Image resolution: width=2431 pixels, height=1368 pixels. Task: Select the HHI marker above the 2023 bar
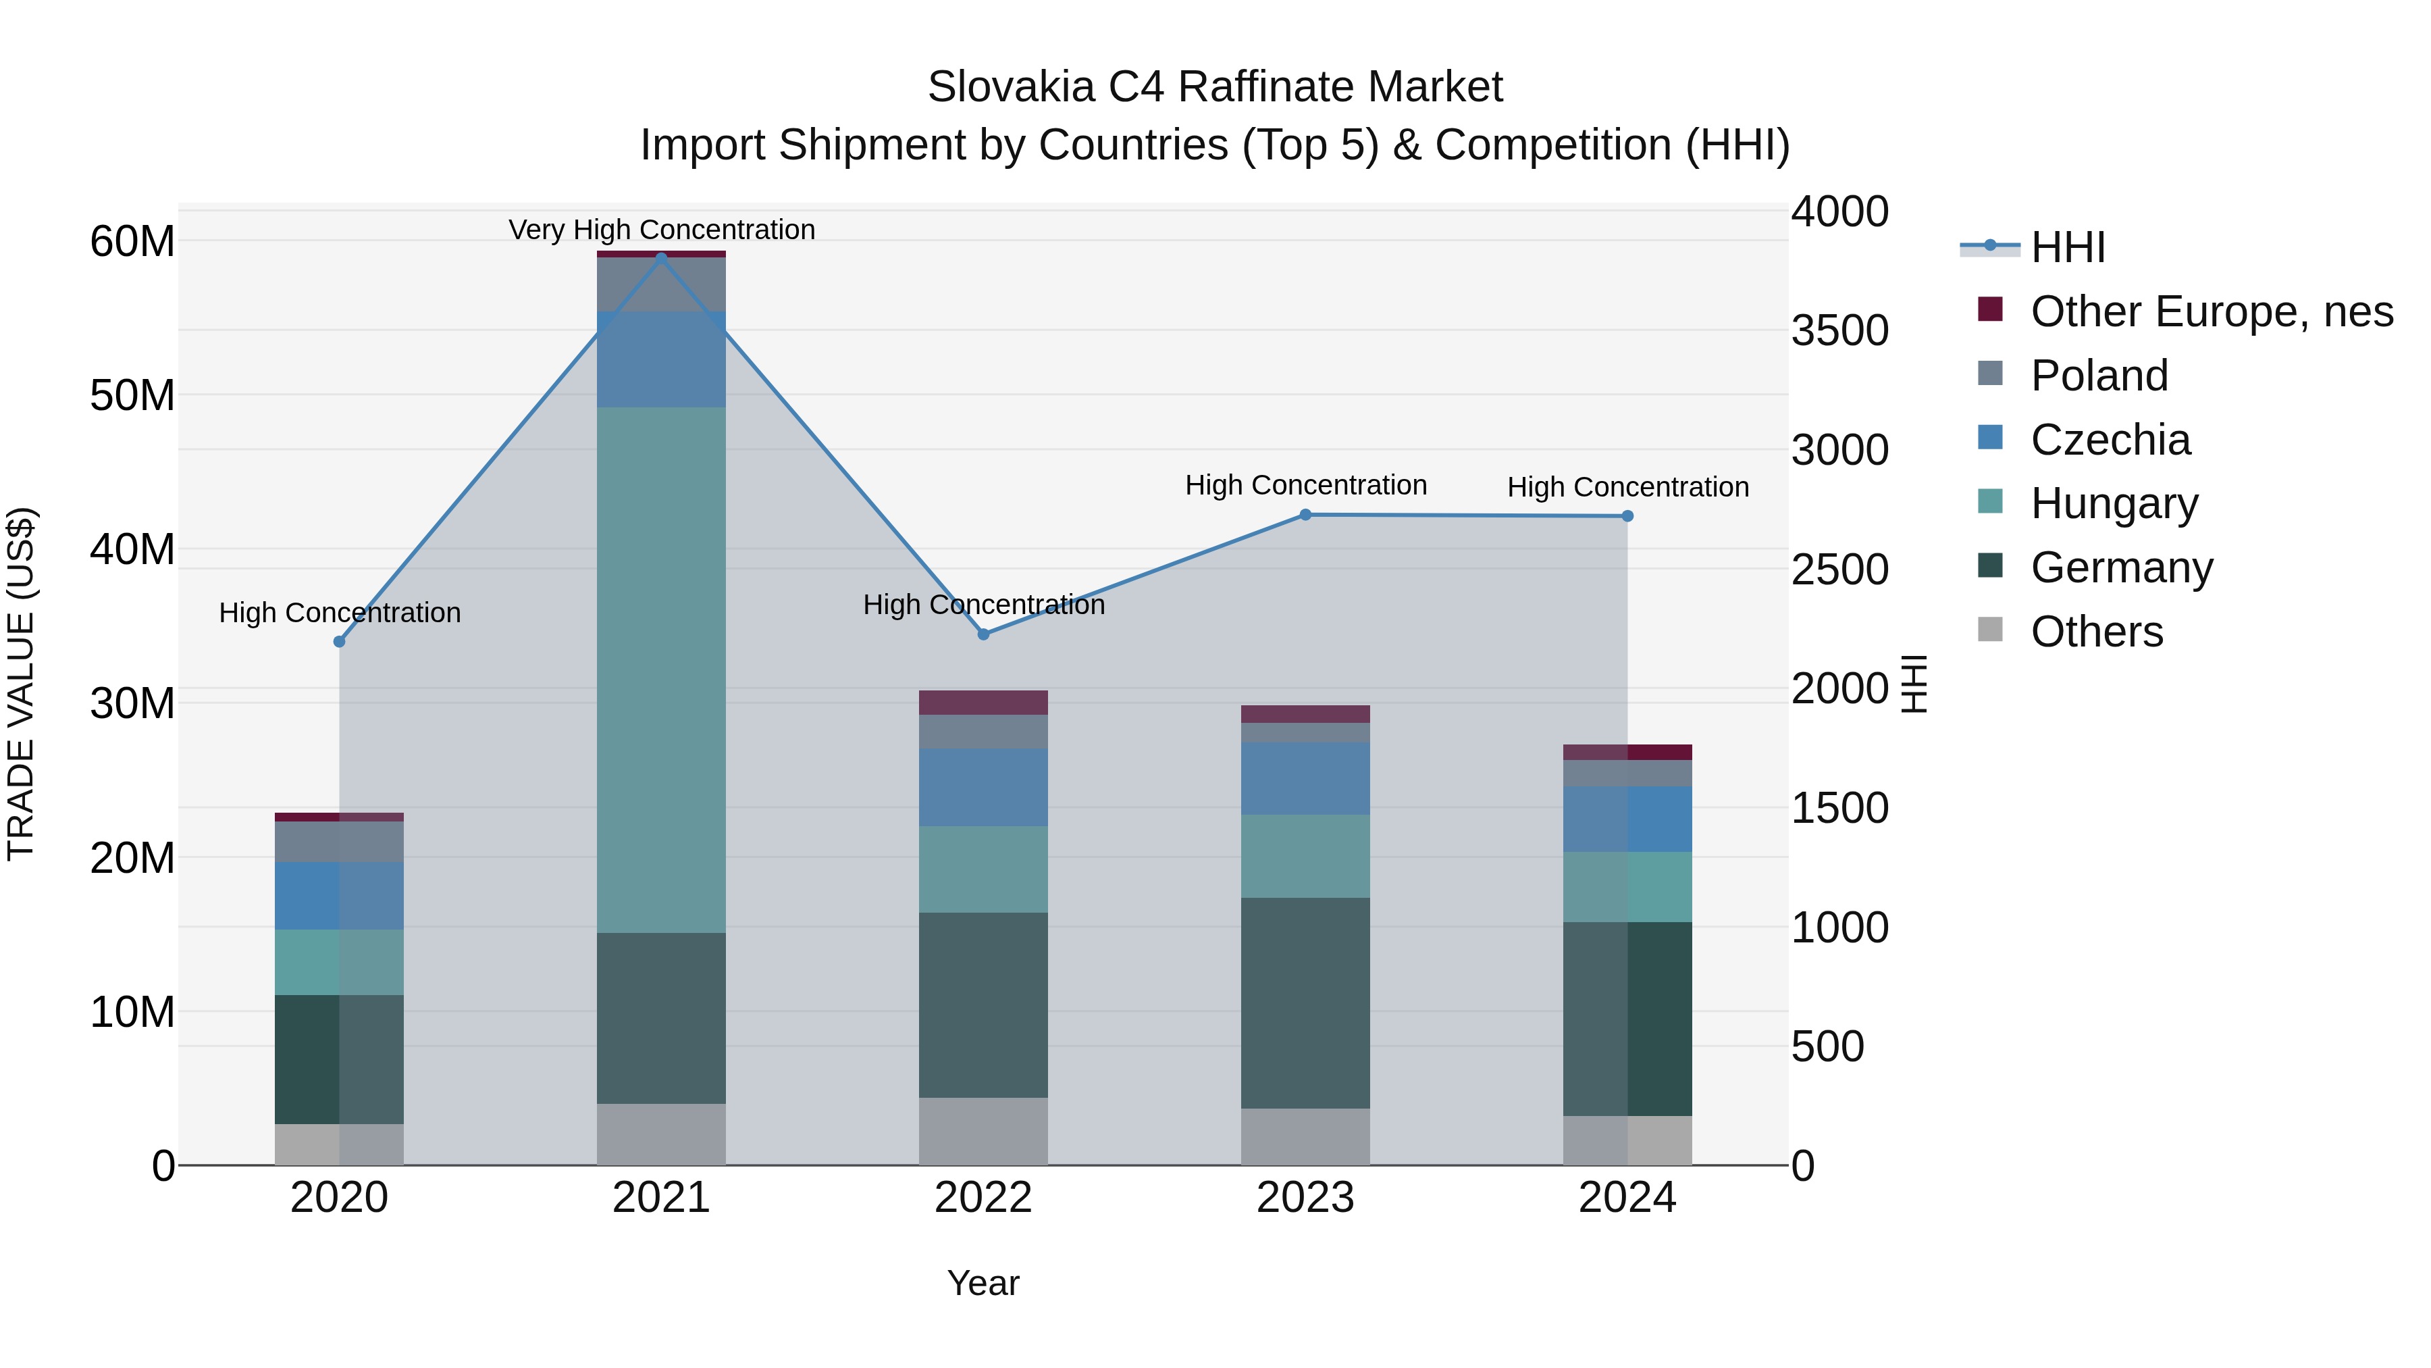point(1305,515)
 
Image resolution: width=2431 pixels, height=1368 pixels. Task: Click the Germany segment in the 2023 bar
point(1305,1003)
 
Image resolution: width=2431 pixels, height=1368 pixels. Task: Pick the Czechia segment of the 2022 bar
point(983,788)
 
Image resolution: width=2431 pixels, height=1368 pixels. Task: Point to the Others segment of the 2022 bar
point(983,1131)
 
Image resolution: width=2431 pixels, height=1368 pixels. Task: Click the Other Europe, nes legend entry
point(2211,311)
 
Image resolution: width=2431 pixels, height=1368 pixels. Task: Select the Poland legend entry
point(2099,376)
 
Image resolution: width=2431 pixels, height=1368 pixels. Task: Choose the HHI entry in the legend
point(2068,247)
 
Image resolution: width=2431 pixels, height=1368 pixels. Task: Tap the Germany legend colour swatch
point(1989,565)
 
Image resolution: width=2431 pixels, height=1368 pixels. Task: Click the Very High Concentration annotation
point(662,230)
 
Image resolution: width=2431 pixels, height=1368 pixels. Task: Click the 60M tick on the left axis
point(132,242)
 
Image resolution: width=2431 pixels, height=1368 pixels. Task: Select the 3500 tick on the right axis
point(1839,330)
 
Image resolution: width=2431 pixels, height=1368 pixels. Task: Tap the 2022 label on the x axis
point(983,1198)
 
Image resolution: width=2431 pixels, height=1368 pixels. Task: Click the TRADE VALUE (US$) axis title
point(21,684)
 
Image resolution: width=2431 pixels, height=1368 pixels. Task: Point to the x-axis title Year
point(983,1283)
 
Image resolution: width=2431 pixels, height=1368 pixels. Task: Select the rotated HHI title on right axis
point(1913,684)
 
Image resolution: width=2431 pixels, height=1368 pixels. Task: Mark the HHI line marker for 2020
point(340,641)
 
